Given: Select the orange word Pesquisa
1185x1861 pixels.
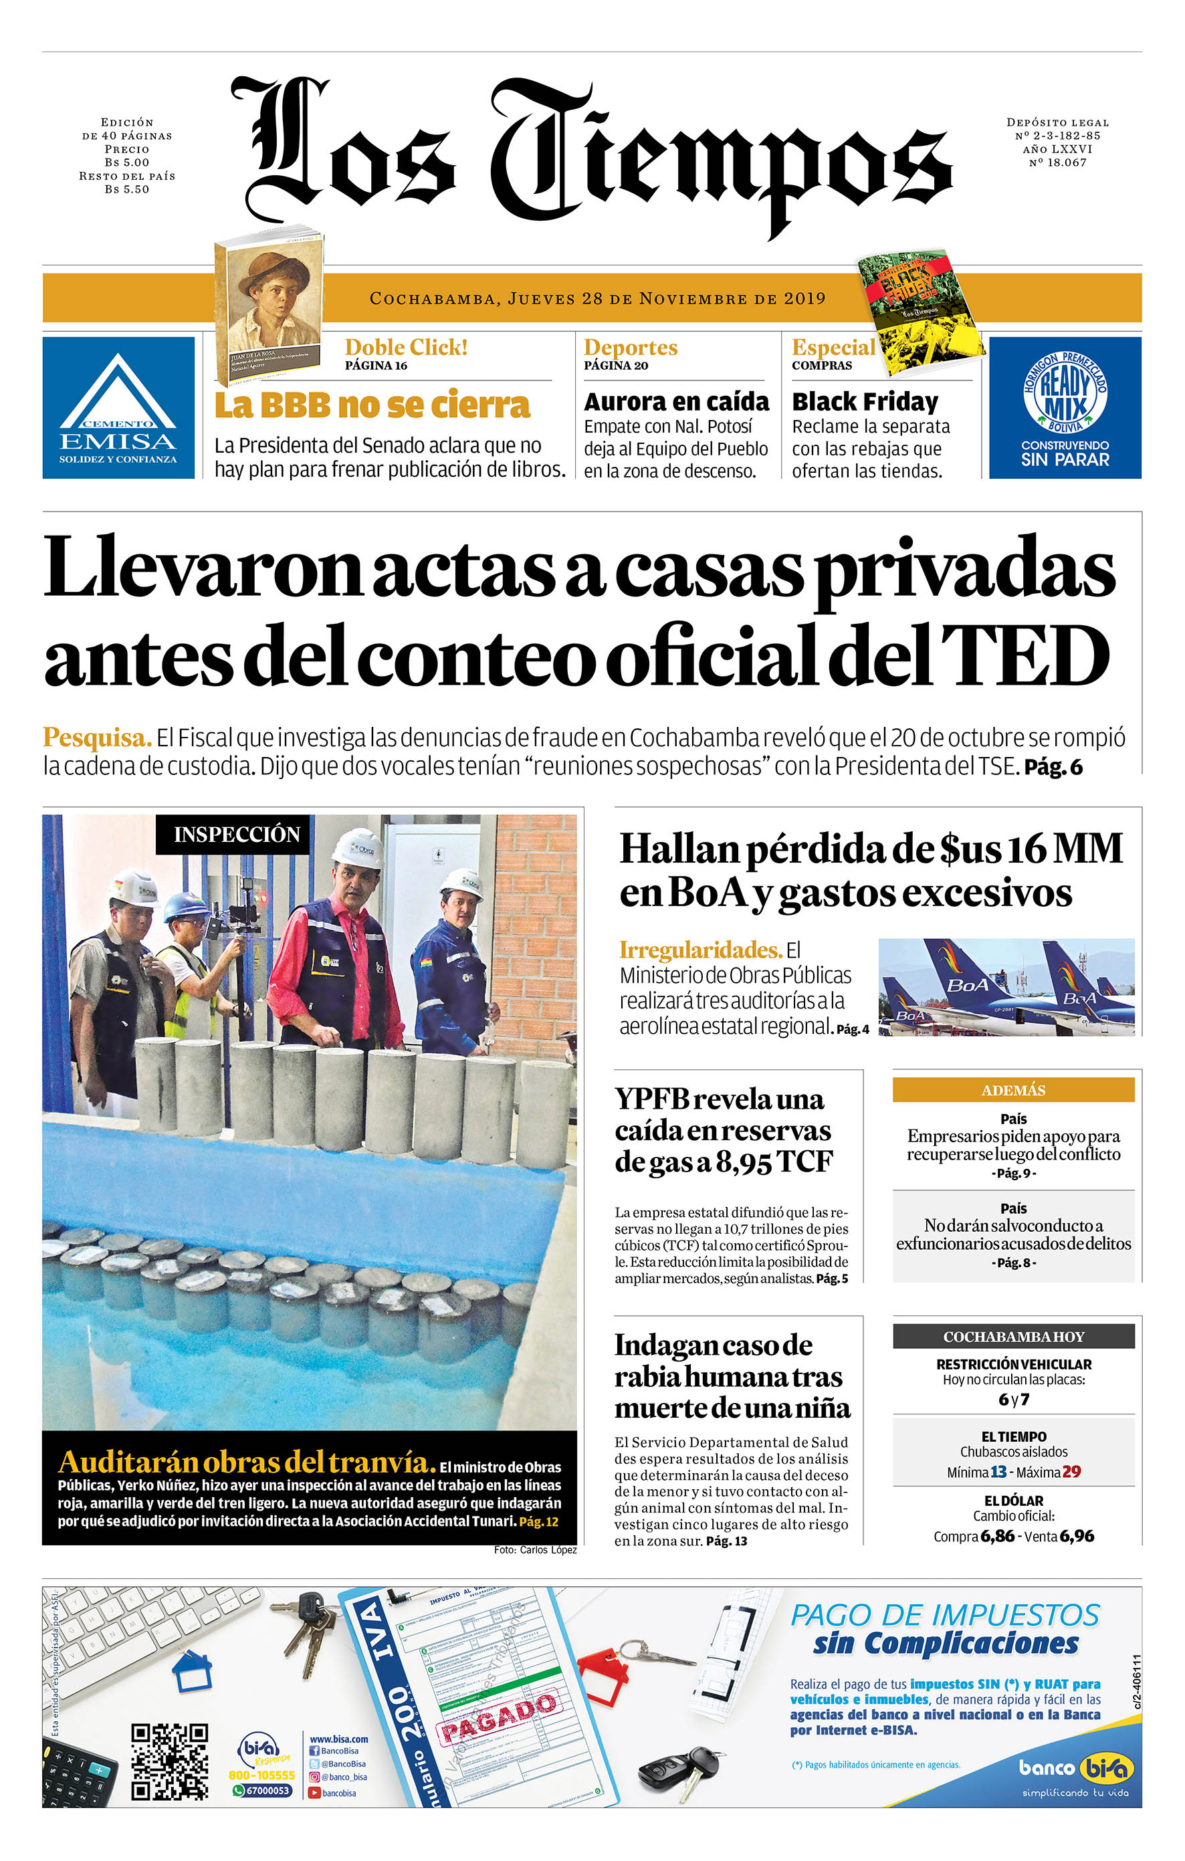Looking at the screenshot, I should point(96,738).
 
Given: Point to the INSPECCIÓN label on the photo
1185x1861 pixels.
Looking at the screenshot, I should point(236,835).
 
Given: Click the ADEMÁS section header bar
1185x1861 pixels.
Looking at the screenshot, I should point(1012,1090).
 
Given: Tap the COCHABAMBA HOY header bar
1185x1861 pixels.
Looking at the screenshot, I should point(1012,1336).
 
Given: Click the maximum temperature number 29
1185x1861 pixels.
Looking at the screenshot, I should point(1071,1472).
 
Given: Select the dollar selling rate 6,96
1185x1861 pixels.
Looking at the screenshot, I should point(1077,1537).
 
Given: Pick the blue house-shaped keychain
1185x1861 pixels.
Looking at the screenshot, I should point(191,1672).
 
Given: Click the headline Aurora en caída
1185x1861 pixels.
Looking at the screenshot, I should point(675,402).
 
